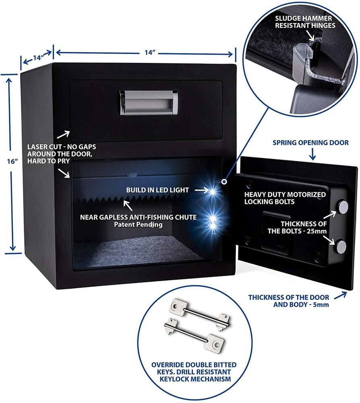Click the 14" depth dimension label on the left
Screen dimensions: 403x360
click(x=37, y=58)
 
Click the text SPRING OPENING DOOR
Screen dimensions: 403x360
click(x=310, y=143)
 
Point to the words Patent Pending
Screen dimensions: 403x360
click(x=138, y=225)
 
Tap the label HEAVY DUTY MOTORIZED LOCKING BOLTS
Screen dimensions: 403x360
click(x=285, y=197)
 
